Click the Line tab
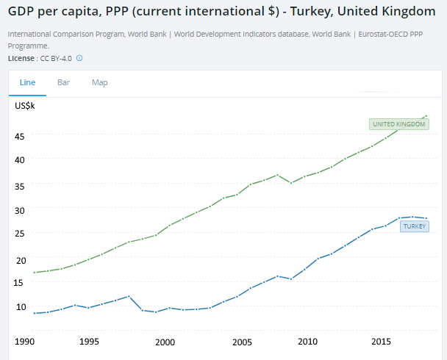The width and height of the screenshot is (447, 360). (27, 82)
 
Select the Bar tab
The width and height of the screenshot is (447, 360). (64, 82)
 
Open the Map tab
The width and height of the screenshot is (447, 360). (100, 82)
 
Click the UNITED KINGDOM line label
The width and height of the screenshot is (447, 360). (399, 124)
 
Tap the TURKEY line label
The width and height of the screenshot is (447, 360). (414, 226)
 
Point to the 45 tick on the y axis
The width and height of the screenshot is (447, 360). (20, 136)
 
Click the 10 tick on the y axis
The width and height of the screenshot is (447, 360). (20, 306)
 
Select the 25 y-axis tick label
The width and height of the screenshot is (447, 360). (20, 234)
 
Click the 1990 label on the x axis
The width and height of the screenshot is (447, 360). (25, 342)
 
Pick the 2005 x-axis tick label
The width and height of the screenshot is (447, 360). (243, 342)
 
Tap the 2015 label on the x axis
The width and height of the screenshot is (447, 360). (380, 342)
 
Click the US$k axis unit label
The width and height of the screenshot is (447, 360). (25, 106)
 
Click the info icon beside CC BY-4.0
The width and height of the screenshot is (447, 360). (79, 58)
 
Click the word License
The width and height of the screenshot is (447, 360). (21, 58)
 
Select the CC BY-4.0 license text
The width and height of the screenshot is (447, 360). (56, 58)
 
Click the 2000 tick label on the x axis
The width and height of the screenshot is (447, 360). (165, 342)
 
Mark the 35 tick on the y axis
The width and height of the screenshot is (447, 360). (20, 185)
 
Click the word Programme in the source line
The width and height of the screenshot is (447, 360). (29, 46)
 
